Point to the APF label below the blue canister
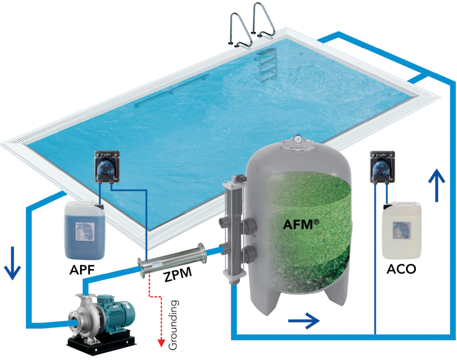point(83,269)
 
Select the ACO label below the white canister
point(402,269)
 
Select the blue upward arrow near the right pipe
point(436,180)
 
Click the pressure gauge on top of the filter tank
point(299,139)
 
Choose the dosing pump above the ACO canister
point(382,167)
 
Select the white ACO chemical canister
point(402,231)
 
